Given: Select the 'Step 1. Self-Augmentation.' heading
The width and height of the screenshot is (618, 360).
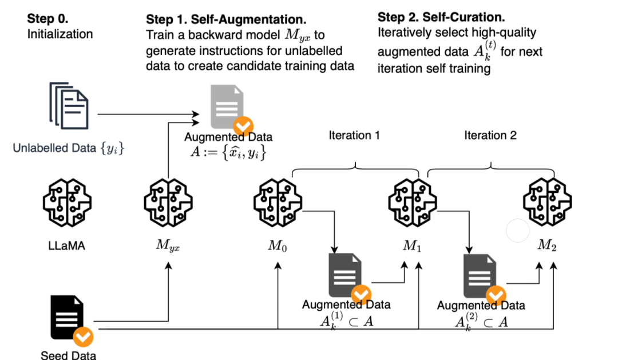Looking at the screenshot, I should (225, 19).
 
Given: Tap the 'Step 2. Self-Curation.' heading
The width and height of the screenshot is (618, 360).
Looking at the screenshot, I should (441, 17).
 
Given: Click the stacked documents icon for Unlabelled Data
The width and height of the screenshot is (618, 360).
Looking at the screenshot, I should (69, 105).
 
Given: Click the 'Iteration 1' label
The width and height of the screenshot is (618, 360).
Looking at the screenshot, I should (354, 136).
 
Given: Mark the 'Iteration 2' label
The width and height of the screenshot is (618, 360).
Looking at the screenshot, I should (490, 136).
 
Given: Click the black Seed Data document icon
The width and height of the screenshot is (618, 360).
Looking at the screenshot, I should (68, 317).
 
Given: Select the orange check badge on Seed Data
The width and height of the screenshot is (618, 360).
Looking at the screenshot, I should (84, 337).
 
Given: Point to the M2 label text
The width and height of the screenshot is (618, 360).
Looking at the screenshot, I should (547, 246).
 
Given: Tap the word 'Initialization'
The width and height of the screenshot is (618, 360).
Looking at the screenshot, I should (60, 34).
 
